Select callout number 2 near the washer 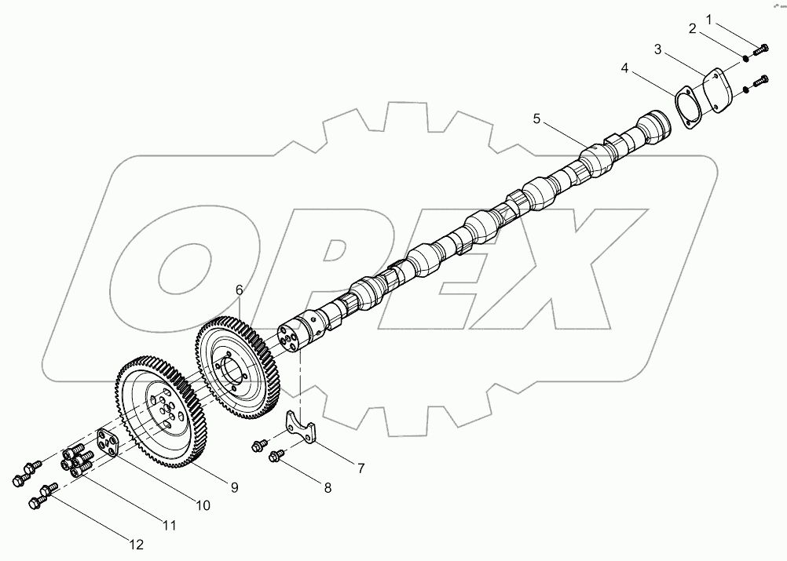click(x=693, y=29)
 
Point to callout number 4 click(x=625, y=68)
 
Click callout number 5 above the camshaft click(x=536, y=118)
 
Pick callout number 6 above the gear click(x=240, y=290)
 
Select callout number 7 click(x=361, y=468)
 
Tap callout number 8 click(x=328, y=487)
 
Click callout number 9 click(x=234, y=488)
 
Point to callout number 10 click(x=203, y=506)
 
